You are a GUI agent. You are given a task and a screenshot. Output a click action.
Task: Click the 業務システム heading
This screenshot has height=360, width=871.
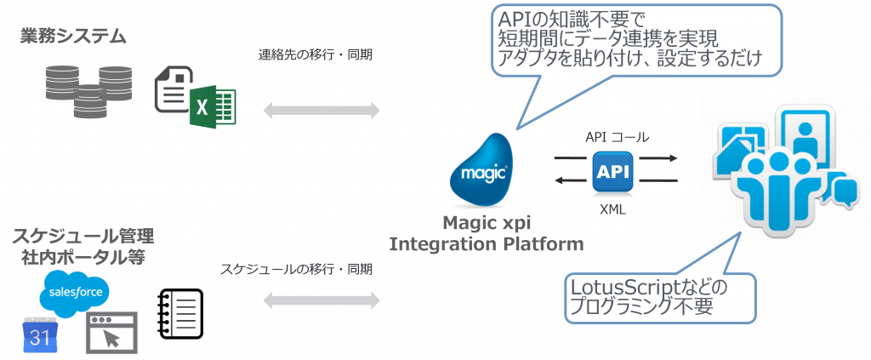pyautogui.click(x=74, y=37)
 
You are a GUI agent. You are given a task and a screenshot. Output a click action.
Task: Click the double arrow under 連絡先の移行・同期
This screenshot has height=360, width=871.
pyautogui.click(x=322, y=110)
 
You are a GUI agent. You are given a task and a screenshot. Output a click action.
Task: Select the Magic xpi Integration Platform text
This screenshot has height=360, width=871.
pyautogui.click(x=487, y=234)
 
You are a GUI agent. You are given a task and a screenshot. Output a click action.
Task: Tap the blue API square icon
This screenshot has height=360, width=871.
pyautogui.click(x=612, y=170)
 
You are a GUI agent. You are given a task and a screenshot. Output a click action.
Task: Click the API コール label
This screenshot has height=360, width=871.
pyautogui.click(x=617, y=137)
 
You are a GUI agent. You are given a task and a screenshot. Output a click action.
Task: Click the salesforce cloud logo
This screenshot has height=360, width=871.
pyautogui.click(x=77, y=292)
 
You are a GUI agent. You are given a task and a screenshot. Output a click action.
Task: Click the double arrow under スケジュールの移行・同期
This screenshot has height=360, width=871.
pyautogui.click(x=322, y=300)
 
